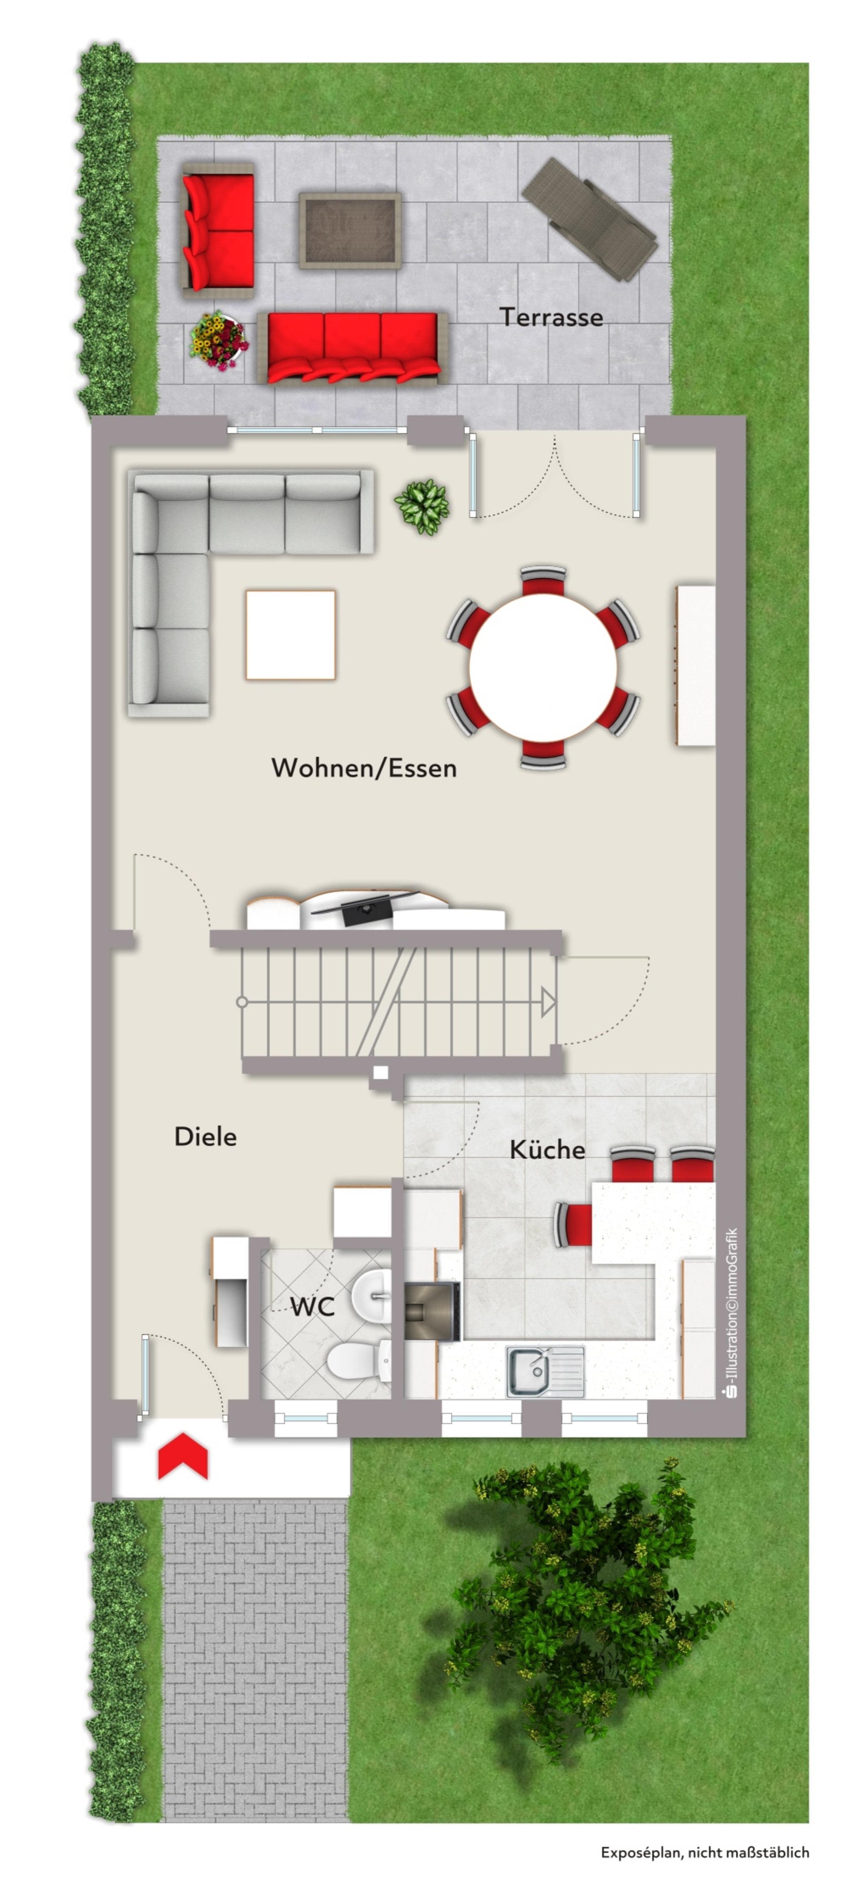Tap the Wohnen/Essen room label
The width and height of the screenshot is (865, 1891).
pyautogui.click(x=364, y=768)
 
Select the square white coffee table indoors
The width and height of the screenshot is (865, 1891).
pyautogui.click(x=291, y=635)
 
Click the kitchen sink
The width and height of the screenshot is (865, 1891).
pyautogui.click(x=546, y=1371)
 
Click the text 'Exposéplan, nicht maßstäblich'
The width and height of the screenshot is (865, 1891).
pyautogui.click(x=705, y=1853)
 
